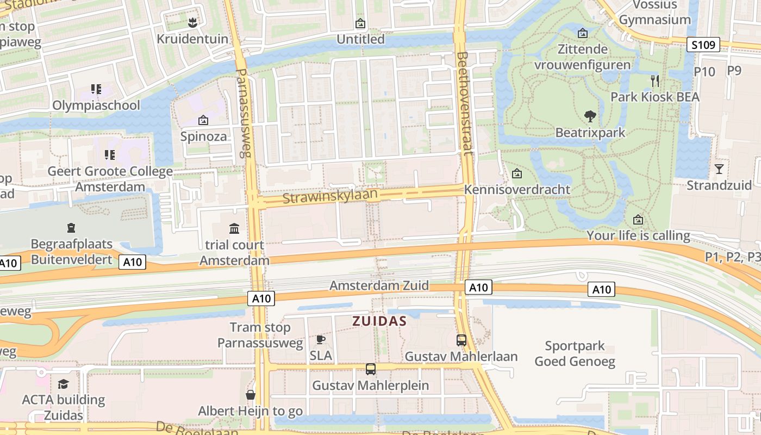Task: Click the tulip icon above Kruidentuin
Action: click(x=191, y=23)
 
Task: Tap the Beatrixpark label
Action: click(x=590, y=133)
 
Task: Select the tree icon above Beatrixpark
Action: click(x=590, y=116)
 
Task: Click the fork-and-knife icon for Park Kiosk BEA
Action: click(x=655, y=81)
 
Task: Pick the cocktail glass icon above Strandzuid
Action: click(x=719, y=169)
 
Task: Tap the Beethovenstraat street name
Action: click(x=465, y=103)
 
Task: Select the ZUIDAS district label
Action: click(x=379, y=321)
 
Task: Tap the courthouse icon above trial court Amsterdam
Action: click(x=234, y=228)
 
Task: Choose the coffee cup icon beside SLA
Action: click(x=321, y=340)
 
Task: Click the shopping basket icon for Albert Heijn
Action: click(x=251, y=395)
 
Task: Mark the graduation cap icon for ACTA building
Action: click(x=64, y=384)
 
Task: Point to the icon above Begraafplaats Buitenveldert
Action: click(x=71, y=228)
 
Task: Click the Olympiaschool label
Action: click(x=96, y=105)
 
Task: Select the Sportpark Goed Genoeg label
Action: click(x=575, y=353)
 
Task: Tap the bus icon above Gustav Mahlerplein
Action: click(x=371, y=369)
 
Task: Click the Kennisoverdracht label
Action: click(x=517, y=189)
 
